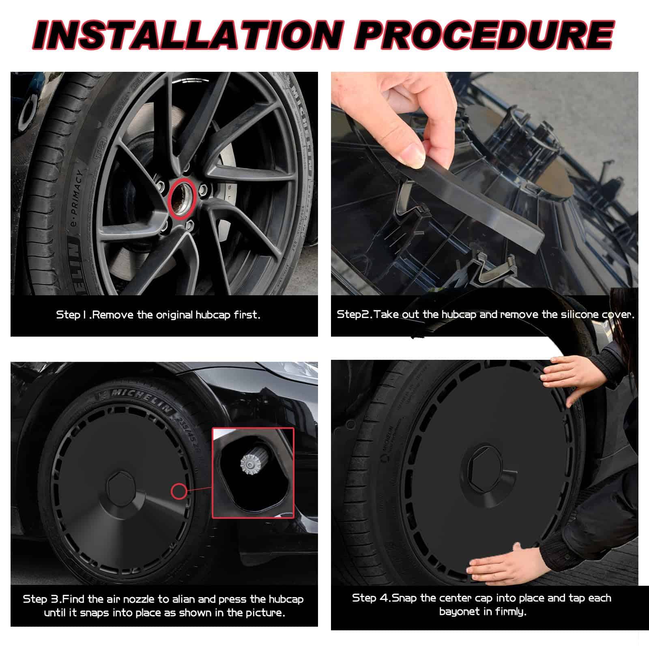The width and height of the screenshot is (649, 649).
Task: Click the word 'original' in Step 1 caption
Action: [x=172, y=315]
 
